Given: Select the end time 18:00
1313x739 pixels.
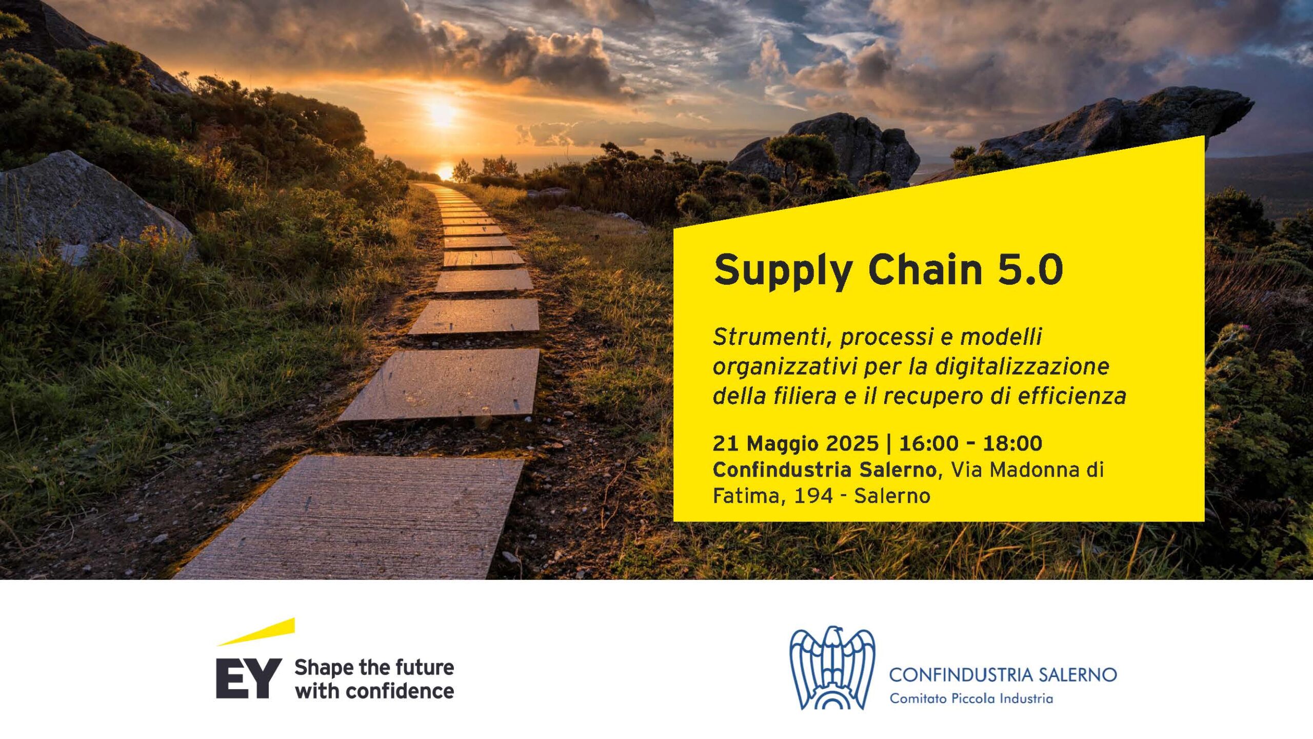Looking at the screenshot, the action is click(x=1012, y=443).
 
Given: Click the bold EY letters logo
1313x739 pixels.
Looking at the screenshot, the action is click(x=249, y=678).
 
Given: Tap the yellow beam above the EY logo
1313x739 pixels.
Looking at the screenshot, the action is click(x=256, y=632).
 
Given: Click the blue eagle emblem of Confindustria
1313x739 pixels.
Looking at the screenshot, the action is click(x=832, y=667).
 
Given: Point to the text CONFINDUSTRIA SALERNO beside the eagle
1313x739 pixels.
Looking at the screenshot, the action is click(x=1003, y=674).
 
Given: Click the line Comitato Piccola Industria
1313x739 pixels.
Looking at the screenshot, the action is click(x=971, y=698).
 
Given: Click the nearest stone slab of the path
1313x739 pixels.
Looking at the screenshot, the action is click(x=354, y=517).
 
